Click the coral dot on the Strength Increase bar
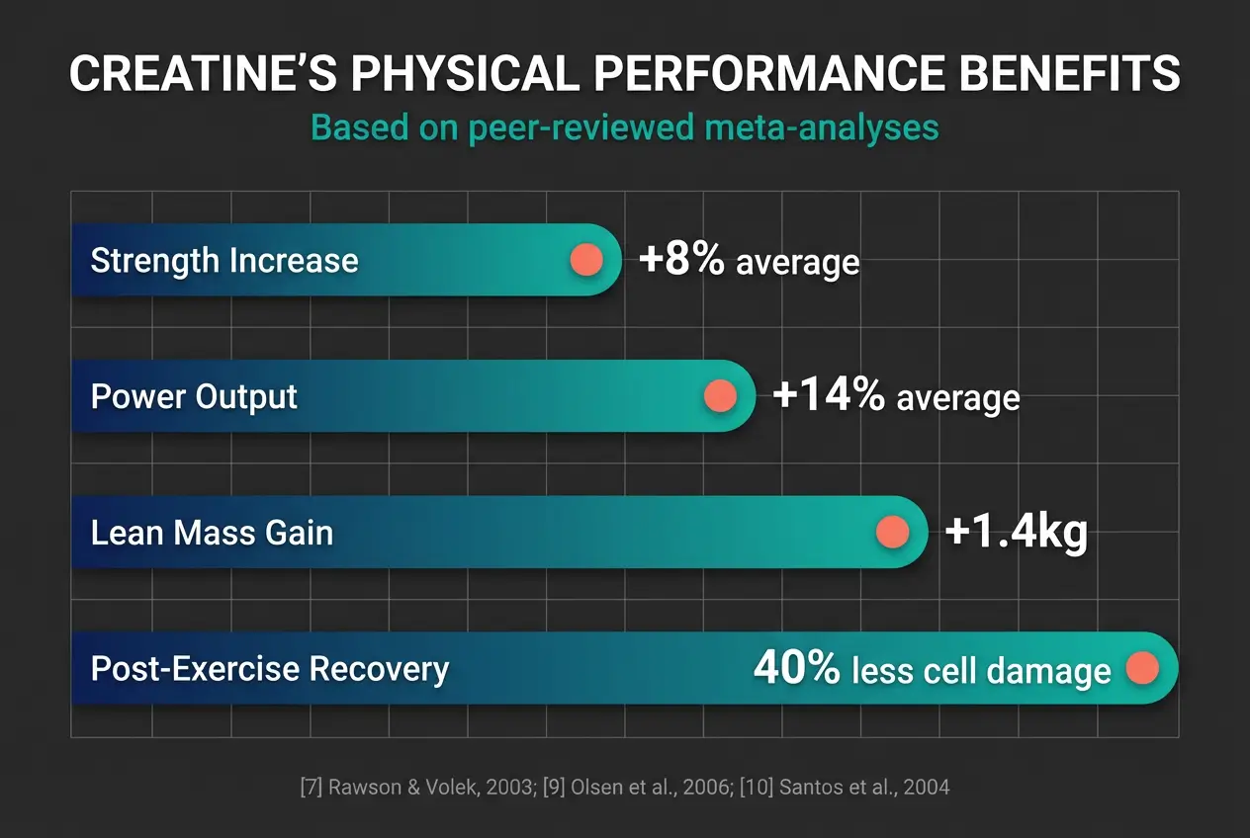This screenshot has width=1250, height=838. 586,260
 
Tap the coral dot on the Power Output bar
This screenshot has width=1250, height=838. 719,396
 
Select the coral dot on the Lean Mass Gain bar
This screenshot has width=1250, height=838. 892,532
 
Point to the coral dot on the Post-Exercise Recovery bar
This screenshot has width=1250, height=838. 1142,668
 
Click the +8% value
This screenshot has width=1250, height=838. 681,260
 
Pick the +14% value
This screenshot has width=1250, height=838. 829,395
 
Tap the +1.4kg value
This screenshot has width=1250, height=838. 1016,532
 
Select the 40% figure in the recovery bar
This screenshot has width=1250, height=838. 796,669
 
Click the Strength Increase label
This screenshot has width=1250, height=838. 224,261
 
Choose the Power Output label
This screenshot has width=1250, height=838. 194,397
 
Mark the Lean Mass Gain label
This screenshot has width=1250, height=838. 212,534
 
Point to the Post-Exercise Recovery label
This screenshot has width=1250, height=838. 270,669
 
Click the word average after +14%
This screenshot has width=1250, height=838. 957,397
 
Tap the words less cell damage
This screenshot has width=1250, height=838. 981,671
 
